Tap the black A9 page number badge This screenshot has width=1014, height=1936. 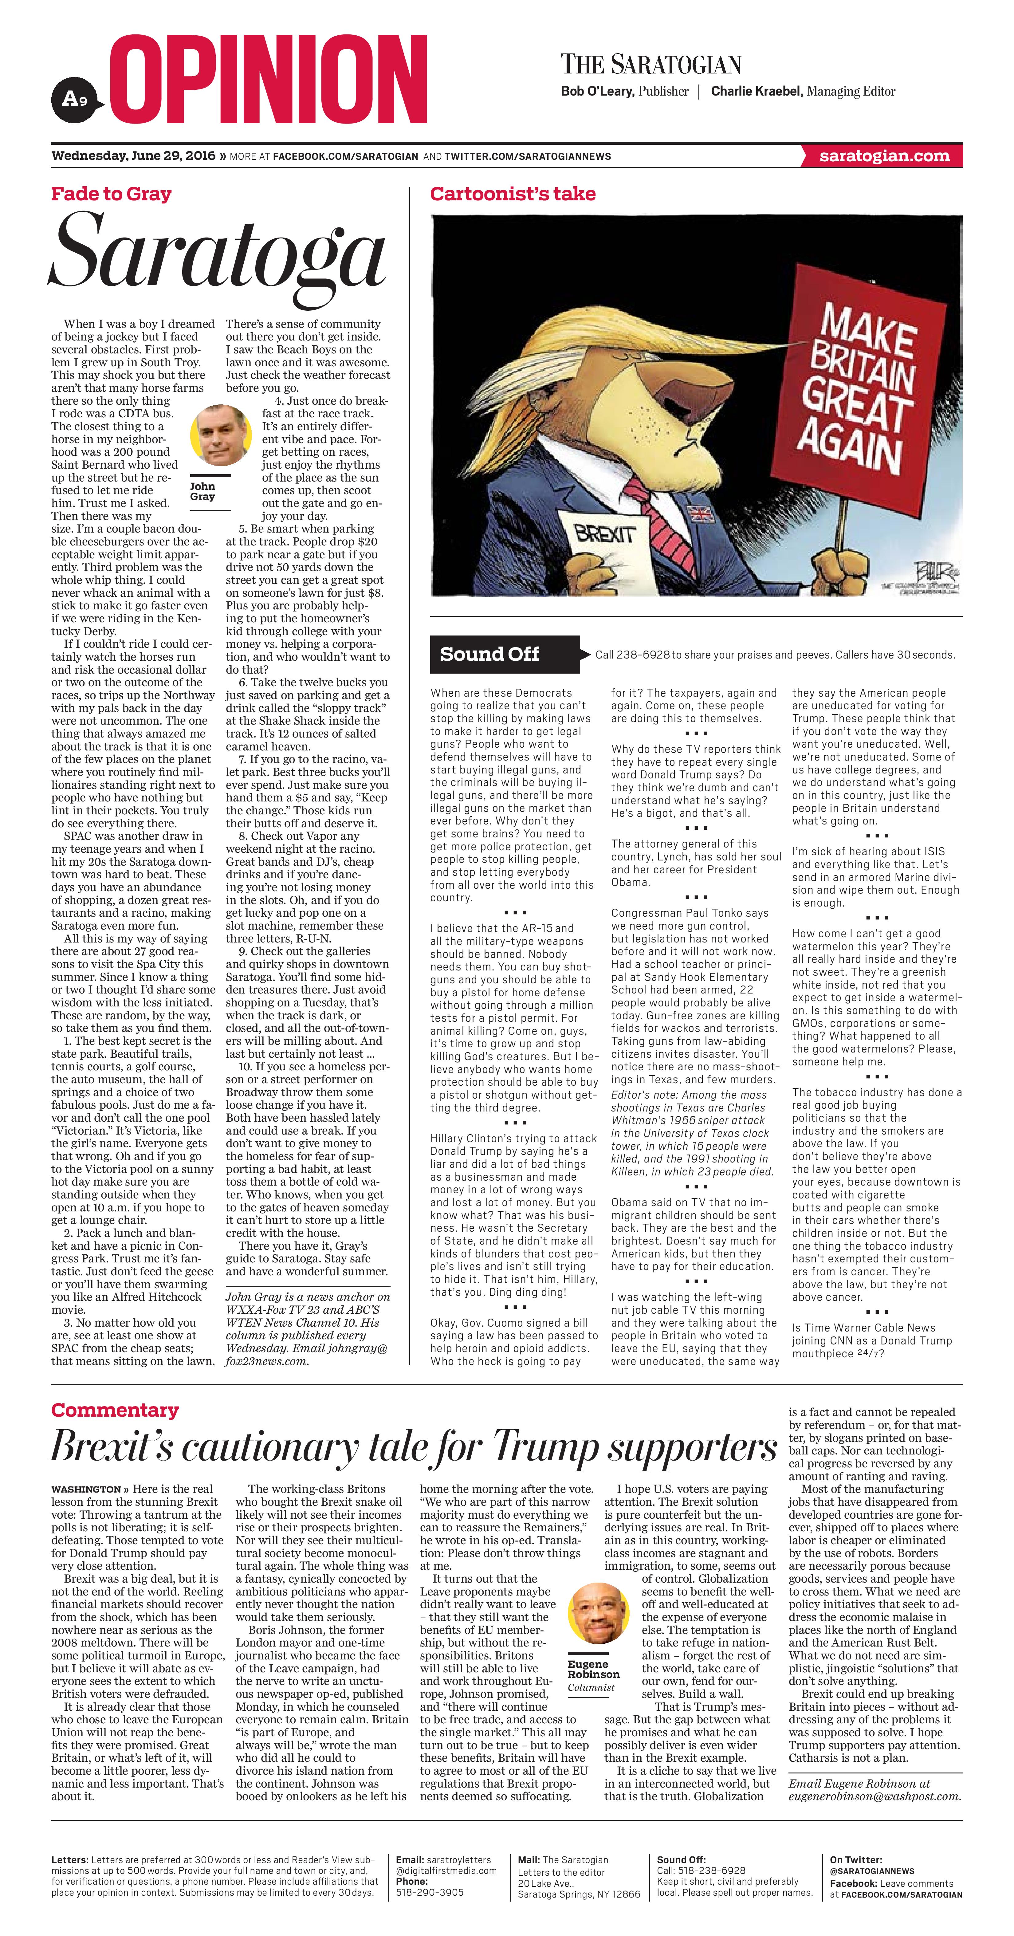[x=74, y=98]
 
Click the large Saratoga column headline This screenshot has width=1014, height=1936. [x=218, y=256]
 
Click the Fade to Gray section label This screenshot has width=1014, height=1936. [x=111, y=194]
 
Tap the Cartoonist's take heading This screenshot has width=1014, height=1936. [x=513, y=194]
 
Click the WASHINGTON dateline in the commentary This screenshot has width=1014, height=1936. [x=86, y=1489]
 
